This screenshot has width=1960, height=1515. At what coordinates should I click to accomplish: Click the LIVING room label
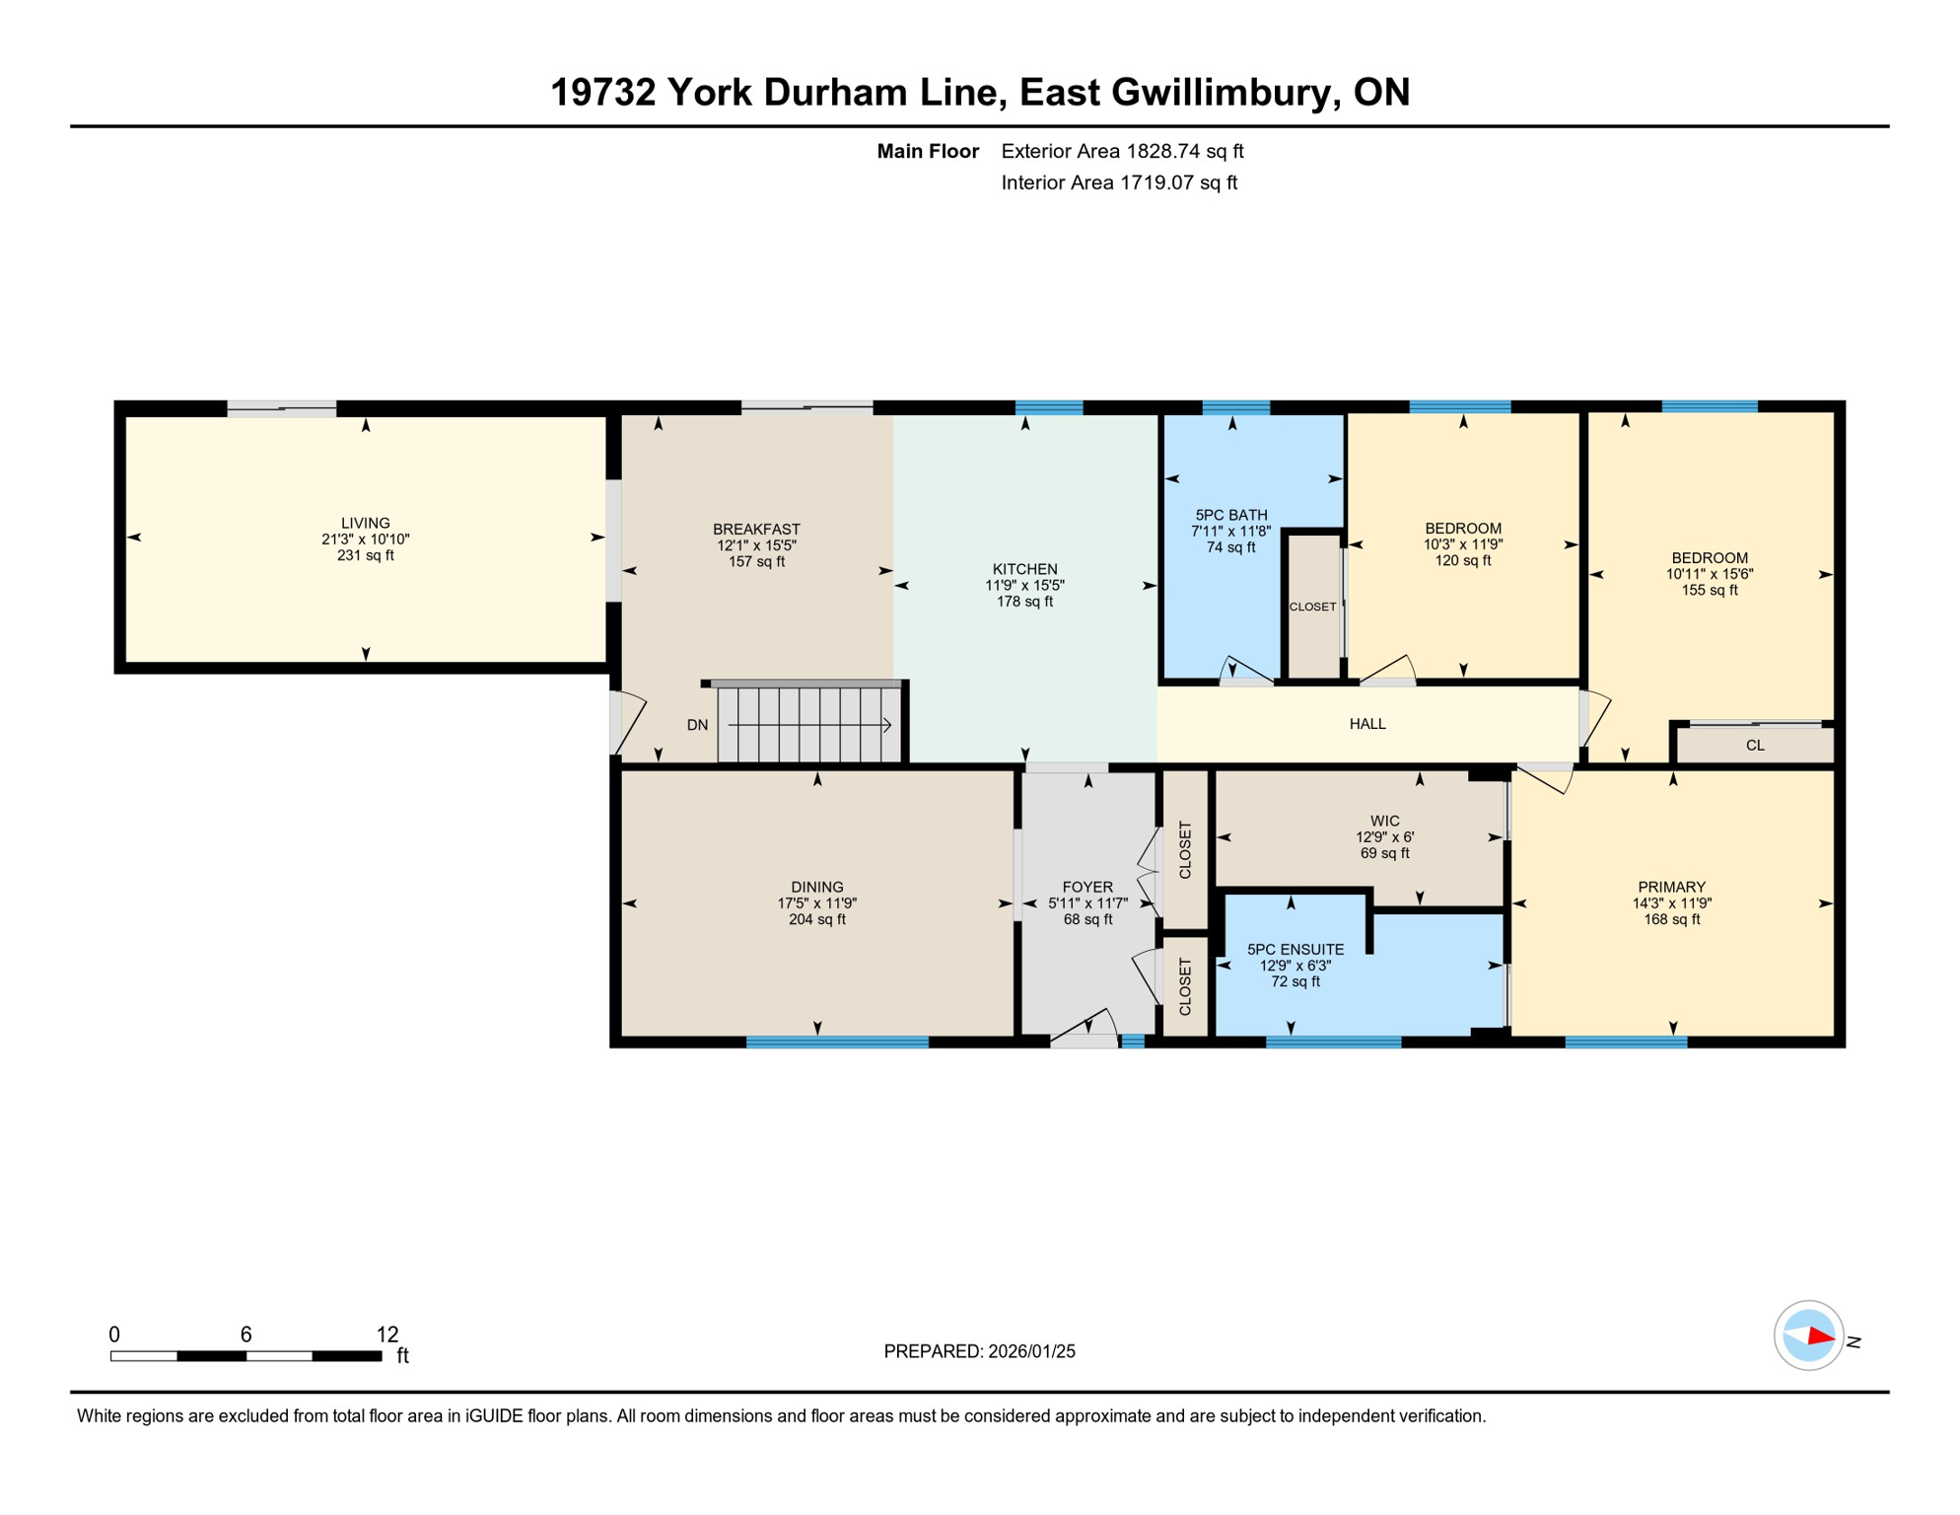(365, 523)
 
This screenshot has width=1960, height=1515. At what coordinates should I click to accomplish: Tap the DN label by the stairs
(697, 725)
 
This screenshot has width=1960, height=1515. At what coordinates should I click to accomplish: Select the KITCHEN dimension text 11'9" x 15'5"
(1024, 585)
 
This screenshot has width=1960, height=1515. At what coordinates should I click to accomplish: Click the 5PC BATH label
(1230, 515)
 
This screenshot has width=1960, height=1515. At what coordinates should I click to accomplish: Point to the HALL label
(1366, 724)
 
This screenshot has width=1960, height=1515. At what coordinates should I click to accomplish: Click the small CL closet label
(1754, 746)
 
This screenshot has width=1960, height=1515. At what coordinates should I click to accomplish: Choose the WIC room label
(1384, 821)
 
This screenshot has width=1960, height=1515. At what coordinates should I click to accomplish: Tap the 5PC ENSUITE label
(1295, 949)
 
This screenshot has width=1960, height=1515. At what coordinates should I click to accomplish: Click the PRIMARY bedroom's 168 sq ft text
(1671, 919)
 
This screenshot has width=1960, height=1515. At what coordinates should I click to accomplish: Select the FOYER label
(1087, 887)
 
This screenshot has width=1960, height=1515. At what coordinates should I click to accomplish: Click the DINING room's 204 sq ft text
(816, 919)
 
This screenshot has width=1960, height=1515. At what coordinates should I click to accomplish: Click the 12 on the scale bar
(386, 1335)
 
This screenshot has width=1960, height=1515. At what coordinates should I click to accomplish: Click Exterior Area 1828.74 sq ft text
(1122, 151)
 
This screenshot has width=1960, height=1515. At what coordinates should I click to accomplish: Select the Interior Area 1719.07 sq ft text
(1118, 182)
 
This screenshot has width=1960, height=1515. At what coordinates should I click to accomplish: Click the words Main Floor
(927, 151)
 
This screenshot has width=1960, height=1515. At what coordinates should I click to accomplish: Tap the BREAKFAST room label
(756, 529)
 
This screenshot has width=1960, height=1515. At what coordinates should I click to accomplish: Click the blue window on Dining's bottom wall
(837, 1042)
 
